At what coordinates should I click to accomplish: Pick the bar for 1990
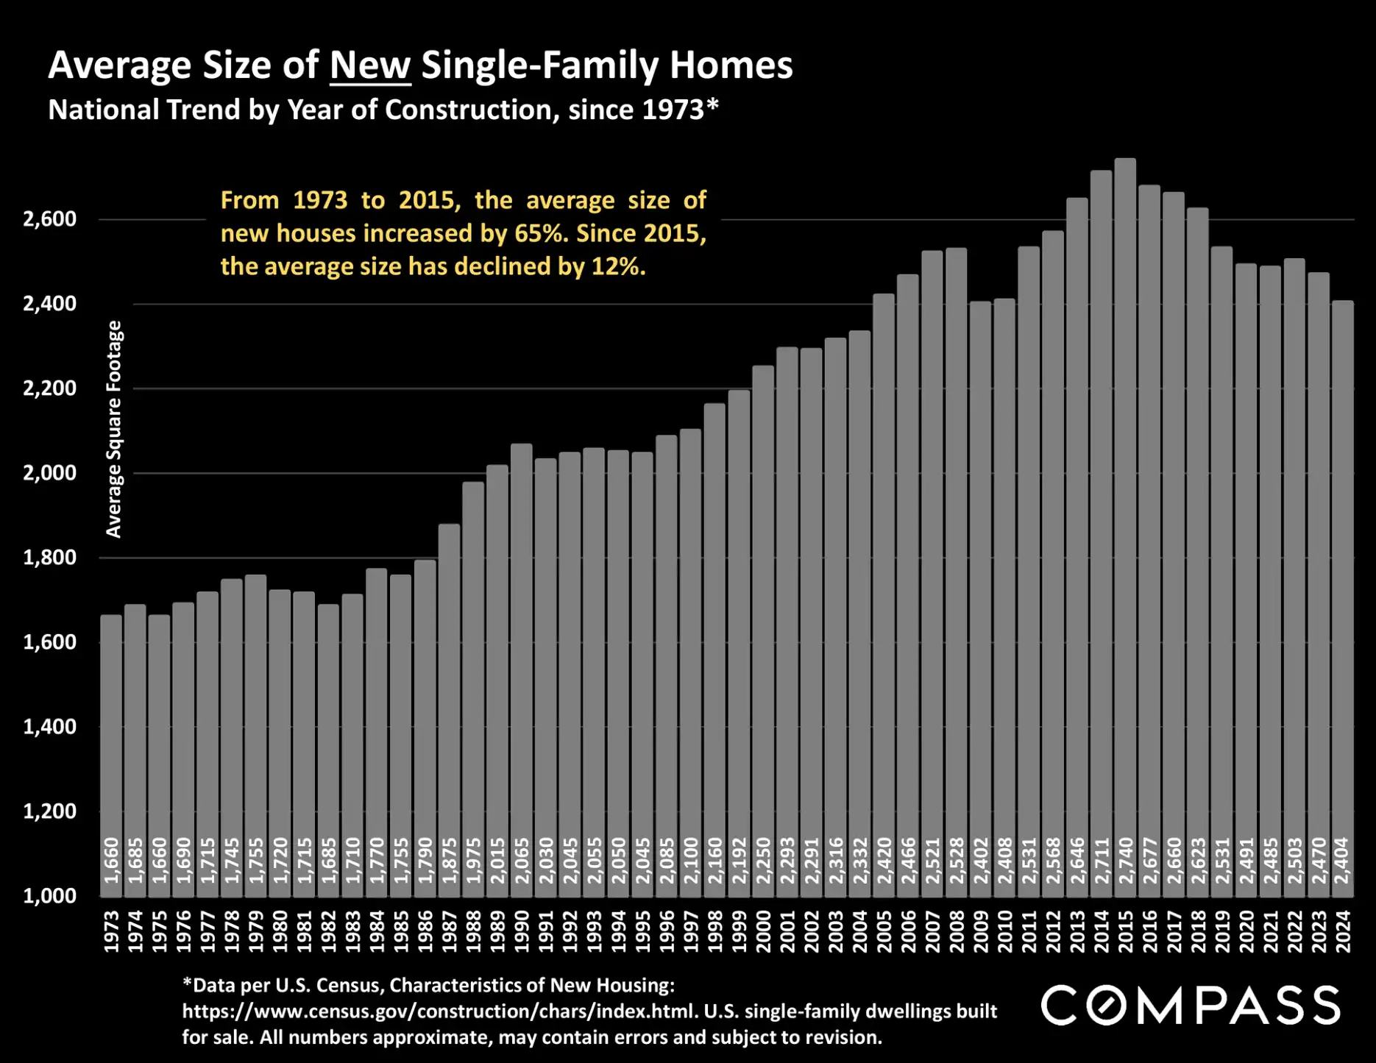click(521, 662)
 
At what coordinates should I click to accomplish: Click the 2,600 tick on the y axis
click(49, 219)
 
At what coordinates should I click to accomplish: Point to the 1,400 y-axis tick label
click(49, 727)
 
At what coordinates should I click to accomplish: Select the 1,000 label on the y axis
click(49, 896)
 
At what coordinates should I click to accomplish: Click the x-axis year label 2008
click(956, 931)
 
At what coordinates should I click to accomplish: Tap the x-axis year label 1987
click(449, 931)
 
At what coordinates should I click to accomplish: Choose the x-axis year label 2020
click(1246, 931)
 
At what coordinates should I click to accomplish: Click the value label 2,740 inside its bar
click(1125, 861)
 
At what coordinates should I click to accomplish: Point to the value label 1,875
click(449, 861)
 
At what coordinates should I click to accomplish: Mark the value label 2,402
click(980, 861)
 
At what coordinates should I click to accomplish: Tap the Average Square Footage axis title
click(114, 429)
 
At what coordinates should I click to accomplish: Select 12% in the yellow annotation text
click(617, 266)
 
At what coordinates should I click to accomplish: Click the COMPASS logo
click(1191, 1006)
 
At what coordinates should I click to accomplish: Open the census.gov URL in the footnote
click(439, 1012)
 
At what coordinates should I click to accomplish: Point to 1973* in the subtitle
click(680, 110)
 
